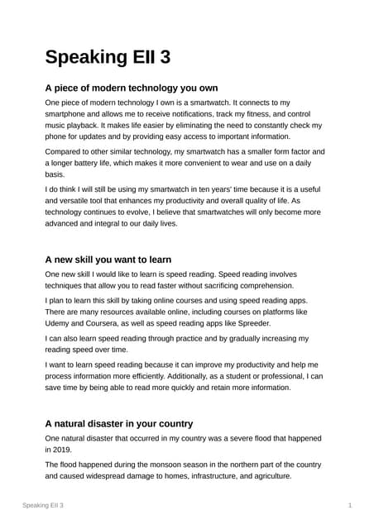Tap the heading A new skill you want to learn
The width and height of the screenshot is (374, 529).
click(108, 259)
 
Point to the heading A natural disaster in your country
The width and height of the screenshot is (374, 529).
click(119, 423)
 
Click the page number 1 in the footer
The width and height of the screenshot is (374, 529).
click(351, 505)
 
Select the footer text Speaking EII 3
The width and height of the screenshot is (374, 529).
click(43, 505)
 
